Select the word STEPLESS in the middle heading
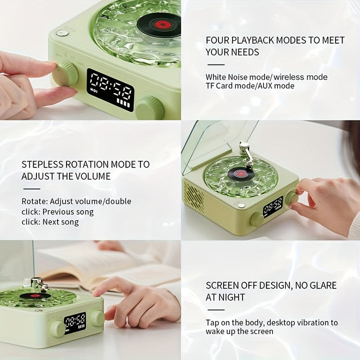[42, 164]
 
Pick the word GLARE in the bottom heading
[323, 285]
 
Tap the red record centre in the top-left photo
[163, 24]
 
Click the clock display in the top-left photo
[110, 90]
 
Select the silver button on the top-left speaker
[62, 33]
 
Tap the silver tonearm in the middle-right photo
[246, 153]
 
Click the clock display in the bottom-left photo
[75, 323]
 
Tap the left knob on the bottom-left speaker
[57, 329]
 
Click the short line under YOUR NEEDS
[216, 64]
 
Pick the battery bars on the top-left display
[123, 102]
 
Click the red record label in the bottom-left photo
[34, 295]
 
